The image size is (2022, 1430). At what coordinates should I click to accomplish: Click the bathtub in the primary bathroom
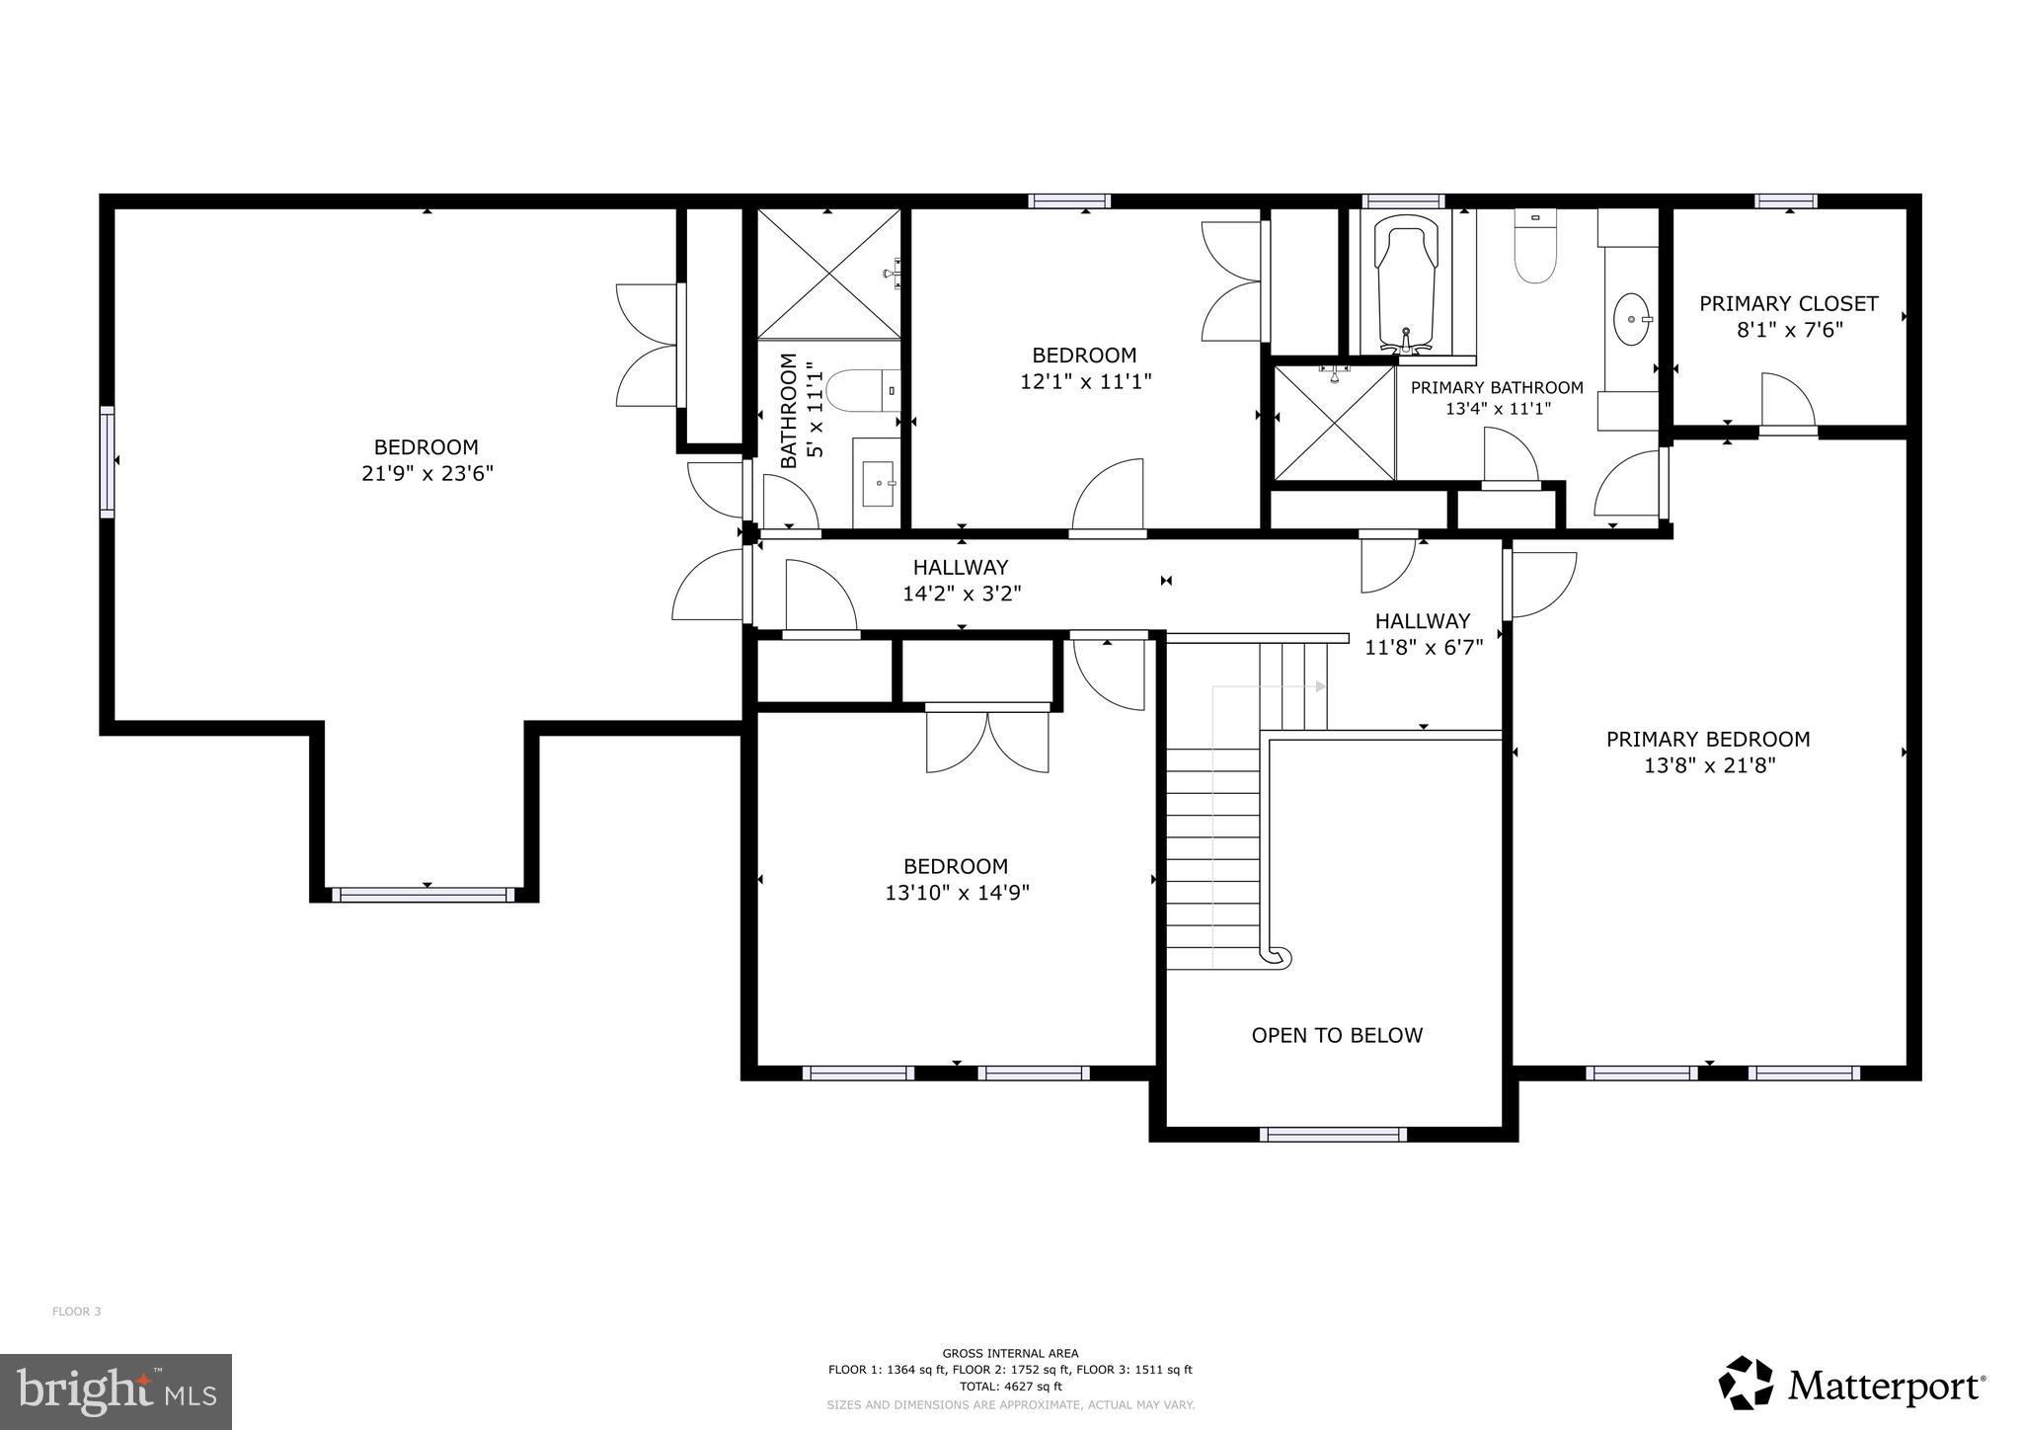point(1405,286)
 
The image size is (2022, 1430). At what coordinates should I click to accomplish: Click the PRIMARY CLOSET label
point(1788,303)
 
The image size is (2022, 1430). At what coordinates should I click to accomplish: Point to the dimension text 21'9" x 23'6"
point(427,473)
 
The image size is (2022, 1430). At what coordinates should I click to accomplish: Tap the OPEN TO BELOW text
point(1337,1035)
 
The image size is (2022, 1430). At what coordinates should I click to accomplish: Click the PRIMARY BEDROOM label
point(1708,739)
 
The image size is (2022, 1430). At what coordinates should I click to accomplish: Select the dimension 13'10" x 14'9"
point(957,893)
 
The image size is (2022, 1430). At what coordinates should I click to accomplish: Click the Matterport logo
point(1852,1385)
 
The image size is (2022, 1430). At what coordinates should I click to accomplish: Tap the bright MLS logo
point(117,1391)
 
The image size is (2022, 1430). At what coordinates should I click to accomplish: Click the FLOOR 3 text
point(76,1311)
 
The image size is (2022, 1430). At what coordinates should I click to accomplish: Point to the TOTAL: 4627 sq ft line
point(1010,1386)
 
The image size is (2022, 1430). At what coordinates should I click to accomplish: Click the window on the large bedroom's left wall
point(107,460)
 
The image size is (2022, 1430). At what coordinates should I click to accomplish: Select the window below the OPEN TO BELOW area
point(1333,1135)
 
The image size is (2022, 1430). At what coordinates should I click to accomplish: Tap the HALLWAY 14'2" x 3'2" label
point(961,580)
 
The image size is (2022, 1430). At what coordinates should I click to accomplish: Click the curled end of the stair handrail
point(1278,956)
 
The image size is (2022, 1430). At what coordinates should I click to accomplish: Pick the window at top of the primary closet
point(1786,201)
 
